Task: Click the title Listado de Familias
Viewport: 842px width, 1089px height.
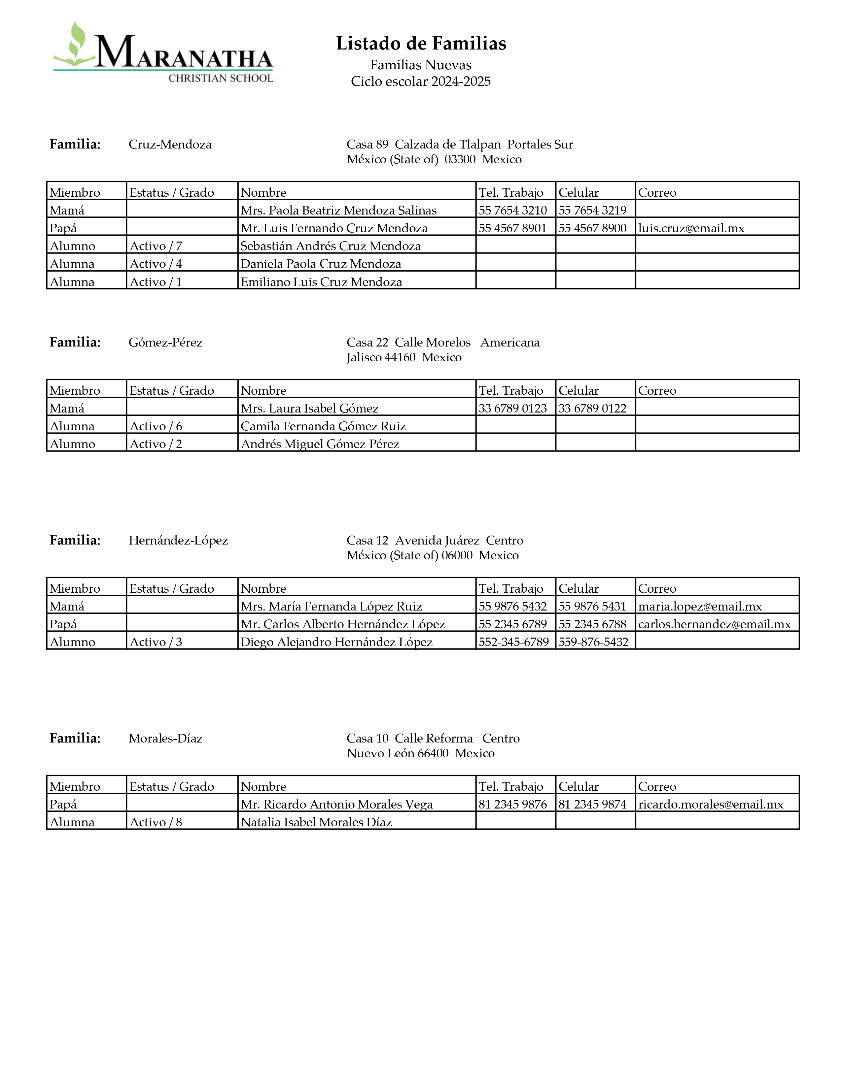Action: [421, 44]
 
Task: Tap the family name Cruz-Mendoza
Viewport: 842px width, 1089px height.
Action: [170, 145]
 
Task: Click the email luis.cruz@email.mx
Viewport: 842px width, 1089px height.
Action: [691, 228]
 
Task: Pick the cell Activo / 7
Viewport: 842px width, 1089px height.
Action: [156, 246]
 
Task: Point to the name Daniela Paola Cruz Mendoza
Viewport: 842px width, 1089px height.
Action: [320, 264]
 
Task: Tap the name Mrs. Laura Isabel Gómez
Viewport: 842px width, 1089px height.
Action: [309, 409]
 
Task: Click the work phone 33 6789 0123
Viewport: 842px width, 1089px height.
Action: [513, 409]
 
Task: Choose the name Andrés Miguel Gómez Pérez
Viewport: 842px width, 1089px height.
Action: [320, 444]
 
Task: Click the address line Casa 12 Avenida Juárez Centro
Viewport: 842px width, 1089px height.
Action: [435, 541]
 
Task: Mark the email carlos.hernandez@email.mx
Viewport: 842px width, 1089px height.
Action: [714, 624]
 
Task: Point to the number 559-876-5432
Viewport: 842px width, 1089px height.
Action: [593, 642]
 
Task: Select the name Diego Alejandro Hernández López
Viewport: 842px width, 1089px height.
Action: [336, 642]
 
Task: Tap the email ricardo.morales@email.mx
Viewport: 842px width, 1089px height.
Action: [710, 804]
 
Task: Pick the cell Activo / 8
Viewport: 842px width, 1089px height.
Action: [156, 822]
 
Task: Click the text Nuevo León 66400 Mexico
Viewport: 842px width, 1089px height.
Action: [420, 753]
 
